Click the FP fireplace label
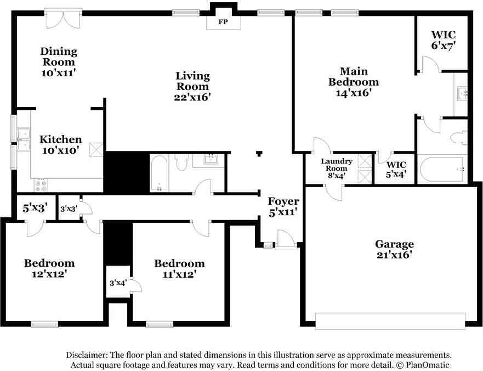tap(223, 22)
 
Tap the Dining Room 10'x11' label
tap(59, 61)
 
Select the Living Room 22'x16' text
tap(192, 86)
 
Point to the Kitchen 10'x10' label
tap(61, 145)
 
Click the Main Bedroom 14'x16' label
tap(354, 82)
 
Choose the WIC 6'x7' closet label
tap(444, 40)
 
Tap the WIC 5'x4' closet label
tap(396, 170)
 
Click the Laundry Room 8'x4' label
tap(337, 168)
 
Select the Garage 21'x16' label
tap(394, 249)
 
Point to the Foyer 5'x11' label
tap(283, 206)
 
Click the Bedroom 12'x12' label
tap(49, 268)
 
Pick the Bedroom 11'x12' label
tap(179, 268)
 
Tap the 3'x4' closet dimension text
tap(118, 283)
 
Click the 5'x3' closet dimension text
tap(35, 208)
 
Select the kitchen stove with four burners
tap(41, 185)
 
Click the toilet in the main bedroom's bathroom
tap(459, 137)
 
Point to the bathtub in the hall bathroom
tap(159, 173)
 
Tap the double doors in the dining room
tap(64, 19)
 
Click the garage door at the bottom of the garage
tap(390, 322)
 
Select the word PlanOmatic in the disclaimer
tap(427, 365)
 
